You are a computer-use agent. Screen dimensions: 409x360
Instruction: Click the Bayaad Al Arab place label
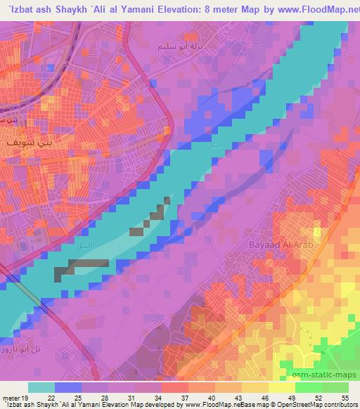280,245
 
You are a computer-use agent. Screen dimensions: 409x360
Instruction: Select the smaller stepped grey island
154,214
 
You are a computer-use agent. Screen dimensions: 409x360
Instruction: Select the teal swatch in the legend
41,387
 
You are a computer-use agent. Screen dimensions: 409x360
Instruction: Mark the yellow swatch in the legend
281,387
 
